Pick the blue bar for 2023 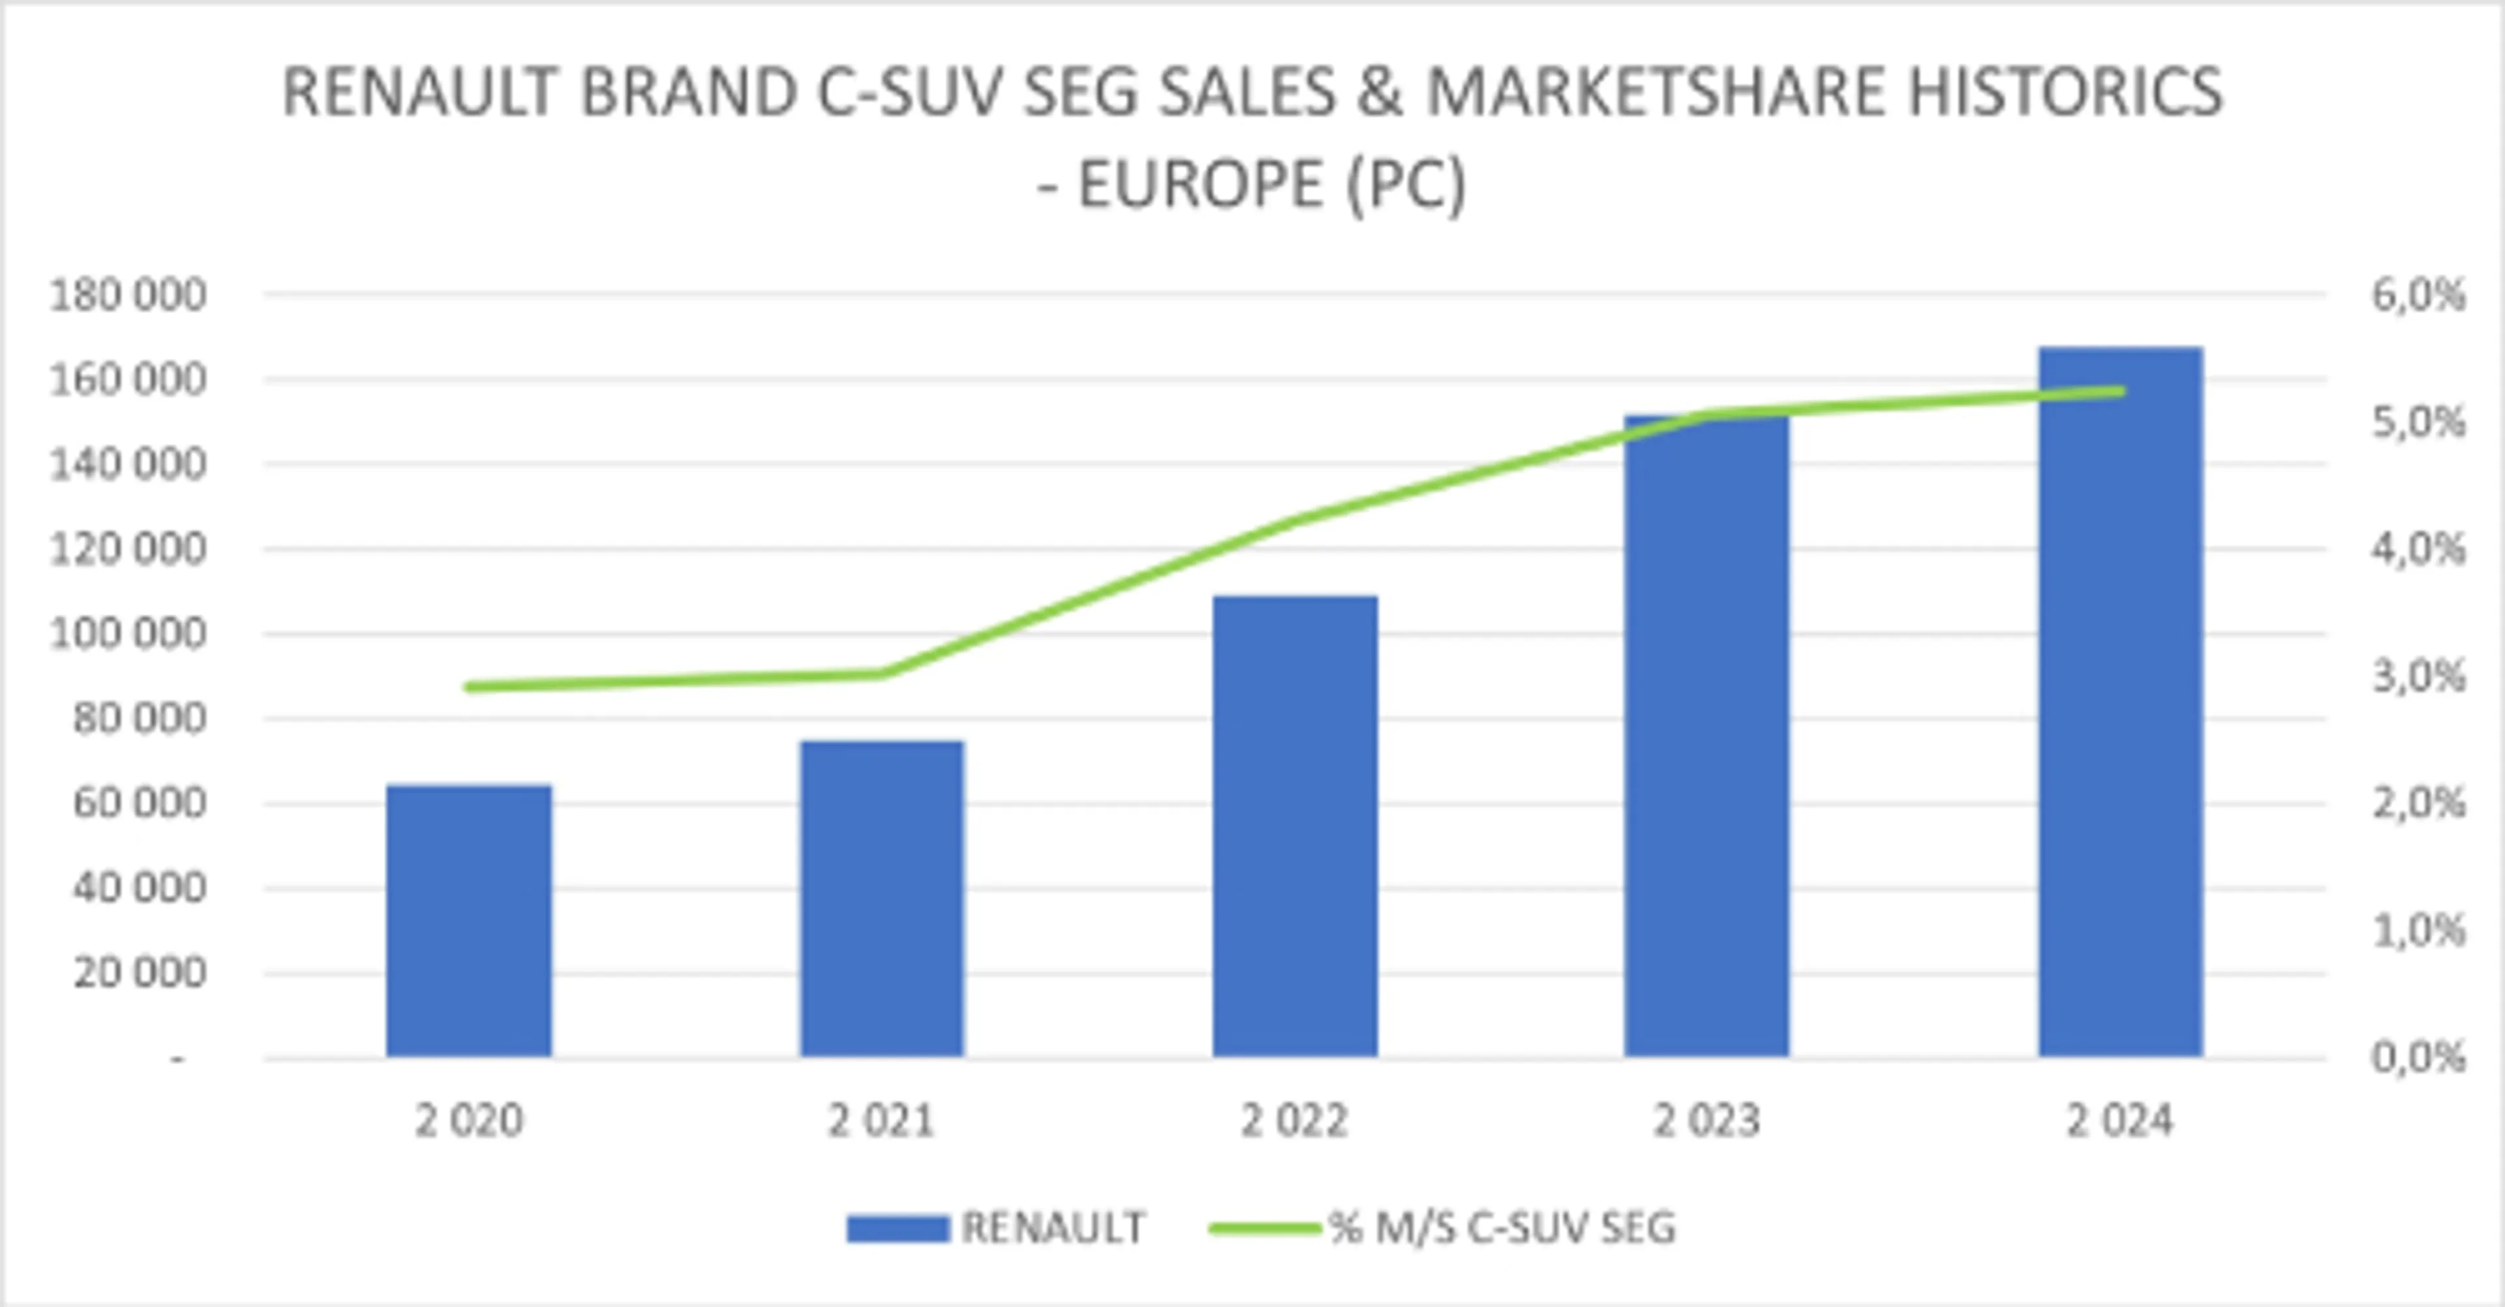pyautogui.click(x=1707, y=739)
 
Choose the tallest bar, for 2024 pyautogui.click(x=2120, y=700)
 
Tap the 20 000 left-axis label pyautogui.click(x=139, y=972)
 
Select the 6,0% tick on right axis pyautogui.click(x=2418, y=295)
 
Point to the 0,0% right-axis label pyautogui.click(x=2418, y=1057)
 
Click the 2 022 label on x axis pyautogui.click(x=1294, y=1121)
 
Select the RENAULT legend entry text pyautogui.click(x=1053, y=1228)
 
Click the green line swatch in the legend pyautogui.click(x=1264, y=1228)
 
